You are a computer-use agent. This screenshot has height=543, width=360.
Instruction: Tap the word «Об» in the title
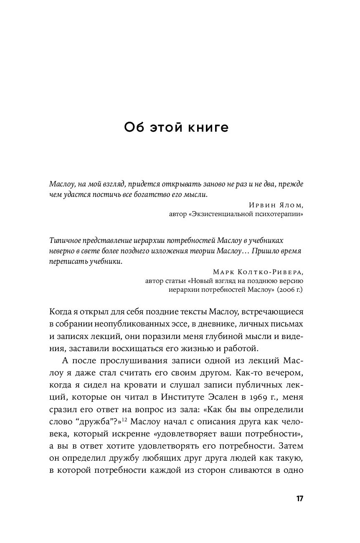134,128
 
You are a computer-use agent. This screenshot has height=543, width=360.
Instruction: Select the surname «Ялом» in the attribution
288,205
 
